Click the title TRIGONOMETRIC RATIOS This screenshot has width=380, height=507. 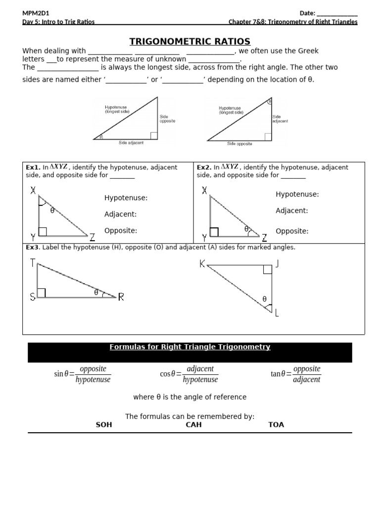[190, 42]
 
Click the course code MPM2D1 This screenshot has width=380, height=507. [36, 13]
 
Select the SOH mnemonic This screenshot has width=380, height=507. [104, 425]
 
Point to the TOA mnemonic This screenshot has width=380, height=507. [276, 425]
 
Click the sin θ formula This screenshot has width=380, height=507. [82, 374]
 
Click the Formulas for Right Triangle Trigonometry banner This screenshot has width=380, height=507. [190, 348]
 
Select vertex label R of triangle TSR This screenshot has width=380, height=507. [121, 297]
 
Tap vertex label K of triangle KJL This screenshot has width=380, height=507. [202, 264]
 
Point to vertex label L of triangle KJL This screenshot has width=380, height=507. [277, 313]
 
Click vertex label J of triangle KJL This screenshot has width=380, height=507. [278, 264]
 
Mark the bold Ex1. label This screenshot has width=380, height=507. [33, 167]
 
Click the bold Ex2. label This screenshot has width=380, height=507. [204, 167]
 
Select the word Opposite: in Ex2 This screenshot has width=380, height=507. [292, 231]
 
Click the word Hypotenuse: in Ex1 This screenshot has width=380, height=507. [126, 198]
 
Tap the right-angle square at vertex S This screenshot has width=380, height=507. [42, 293]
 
